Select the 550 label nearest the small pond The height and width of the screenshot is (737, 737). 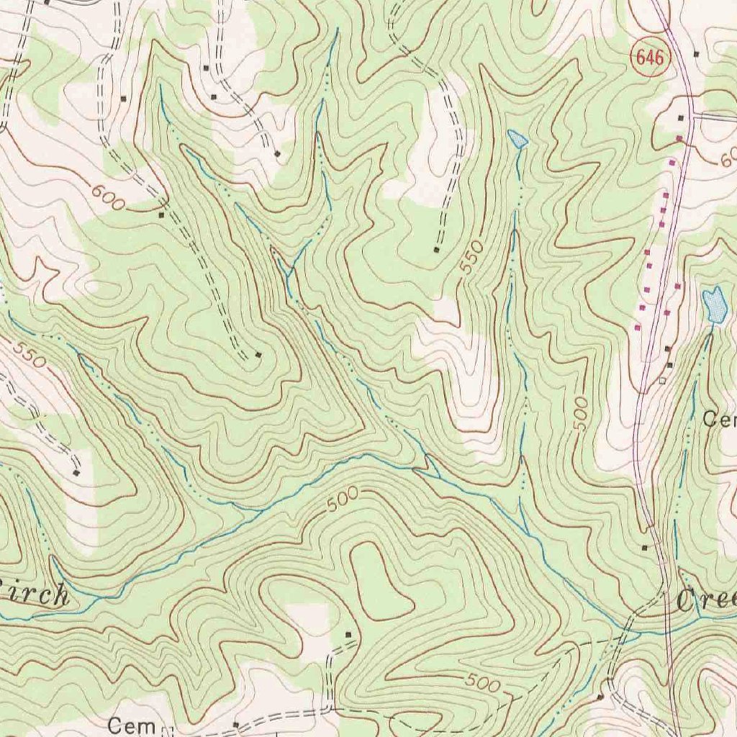469,259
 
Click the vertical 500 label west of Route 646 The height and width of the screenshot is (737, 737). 580,413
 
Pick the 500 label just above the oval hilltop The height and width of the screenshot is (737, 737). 341,501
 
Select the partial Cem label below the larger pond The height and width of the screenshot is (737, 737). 720,419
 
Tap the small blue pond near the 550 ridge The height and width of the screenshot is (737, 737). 517,139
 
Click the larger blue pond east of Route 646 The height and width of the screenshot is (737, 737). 715,304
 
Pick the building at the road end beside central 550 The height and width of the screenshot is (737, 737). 437,250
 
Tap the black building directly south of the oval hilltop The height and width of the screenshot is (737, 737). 349,635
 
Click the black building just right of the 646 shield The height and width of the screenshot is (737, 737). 696,54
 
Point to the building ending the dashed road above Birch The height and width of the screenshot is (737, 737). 77,473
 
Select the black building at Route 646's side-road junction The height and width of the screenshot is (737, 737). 682,117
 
